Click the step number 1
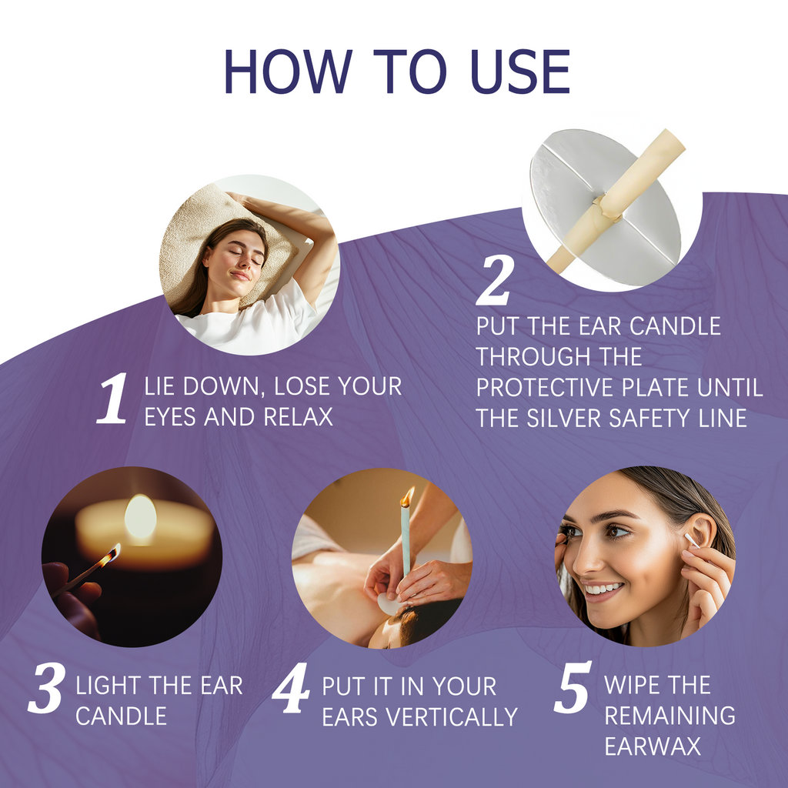[x=112, y=399]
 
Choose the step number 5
[x=573, y=687]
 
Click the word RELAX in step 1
[x=299, y=417]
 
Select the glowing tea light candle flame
[x=140, y=516]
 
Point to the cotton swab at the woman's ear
[x=692, y=540]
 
